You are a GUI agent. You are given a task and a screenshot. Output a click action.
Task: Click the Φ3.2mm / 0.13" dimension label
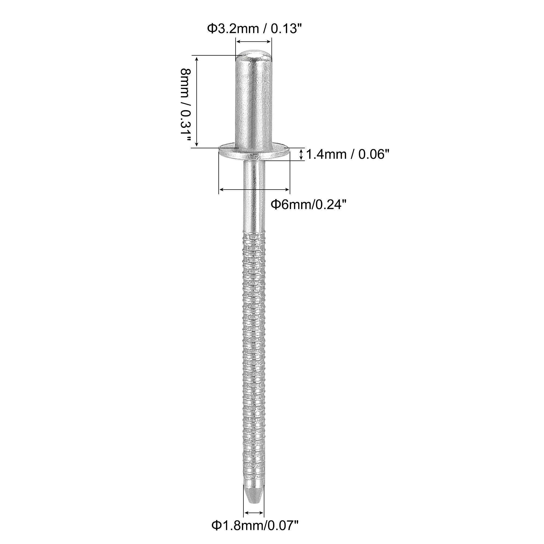[253, 29]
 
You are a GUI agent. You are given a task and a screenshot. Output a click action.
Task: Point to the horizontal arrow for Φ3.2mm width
[254, 42]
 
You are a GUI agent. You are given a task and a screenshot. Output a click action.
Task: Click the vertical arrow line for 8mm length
[197, 101]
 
